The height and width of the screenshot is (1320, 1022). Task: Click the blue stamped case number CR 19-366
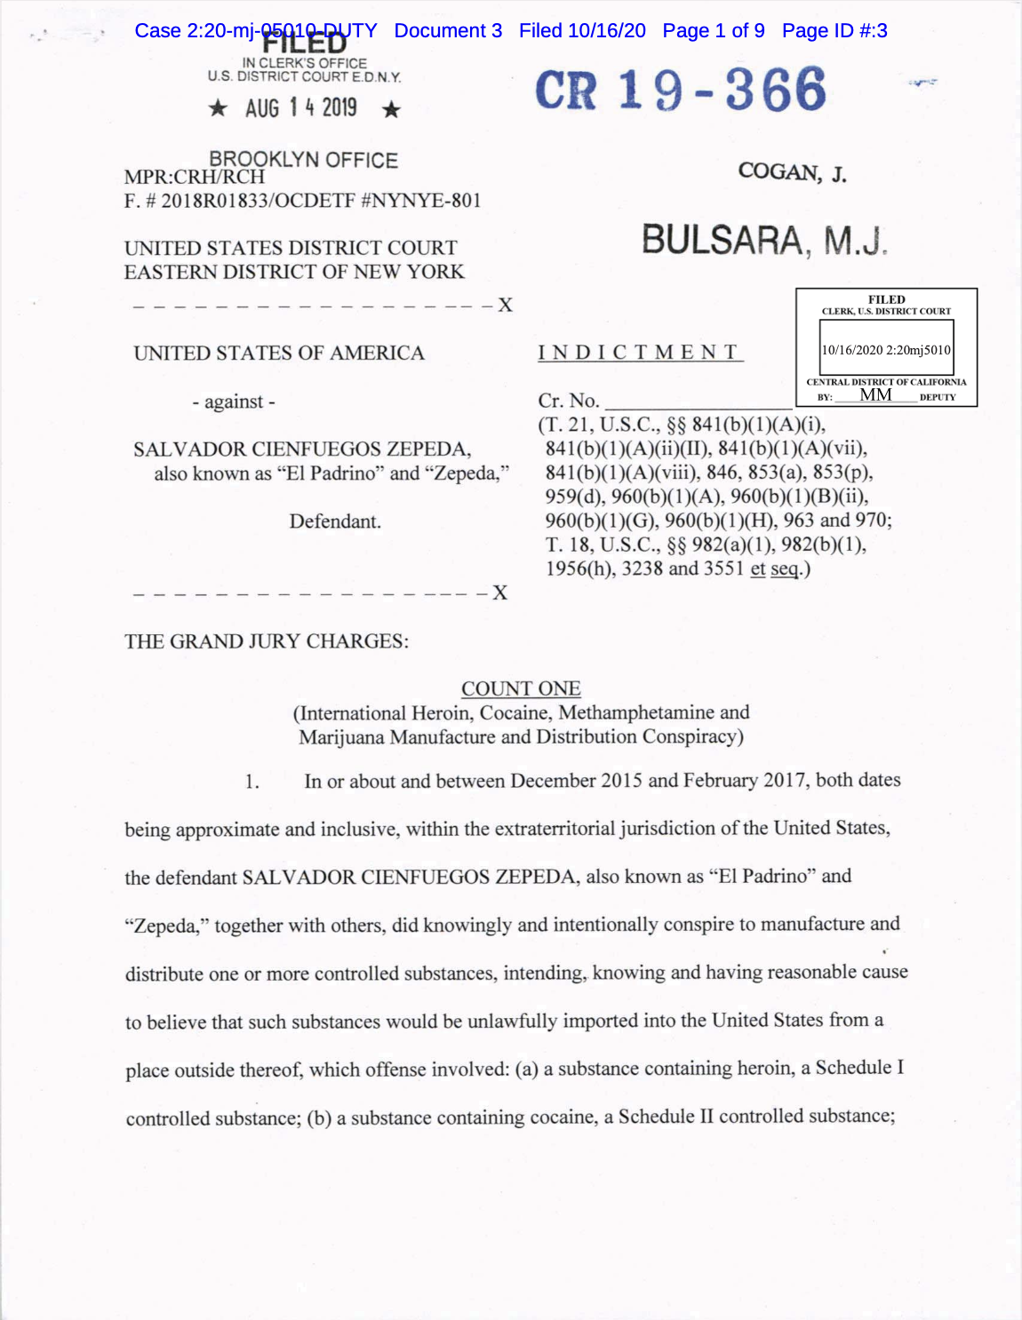[x=680, y=90]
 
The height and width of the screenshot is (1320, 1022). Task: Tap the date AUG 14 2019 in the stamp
[x=301, y=108]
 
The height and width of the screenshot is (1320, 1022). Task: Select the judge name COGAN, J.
[x=792, y=171]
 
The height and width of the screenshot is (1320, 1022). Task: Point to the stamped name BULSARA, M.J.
[x=763, y=241]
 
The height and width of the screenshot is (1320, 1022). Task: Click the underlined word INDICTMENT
[x=640, y=353]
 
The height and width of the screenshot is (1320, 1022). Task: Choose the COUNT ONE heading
[x=521, y=688]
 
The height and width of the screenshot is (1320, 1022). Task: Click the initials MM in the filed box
[x=875, y=394]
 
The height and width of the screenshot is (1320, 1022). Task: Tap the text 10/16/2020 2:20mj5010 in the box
[x=886, y=350]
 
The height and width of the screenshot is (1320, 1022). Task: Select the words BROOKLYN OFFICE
[x=303, y=160]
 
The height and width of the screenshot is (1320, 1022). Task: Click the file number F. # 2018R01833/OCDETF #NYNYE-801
[x=302, y=201]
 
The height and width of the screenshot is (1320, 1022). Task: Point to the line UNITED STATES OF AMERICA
[x=279, y=354]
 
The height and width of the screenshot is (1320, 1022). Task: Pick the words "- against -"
[x=234, y=402]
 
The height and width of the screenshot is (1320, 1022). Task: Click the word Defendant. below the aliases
[x=335, y=521]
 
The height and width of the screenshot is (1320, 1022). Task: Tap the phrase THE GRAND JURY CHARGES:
[x=267, y=641]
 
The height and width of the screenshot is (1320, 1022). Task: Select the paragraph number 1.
[x=252, y=782]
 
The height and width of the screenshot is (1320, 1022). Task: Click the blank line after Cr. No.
[x=697, y=402]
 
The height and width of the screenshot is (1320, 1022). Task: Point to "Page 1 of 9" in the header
[x=714, y=31]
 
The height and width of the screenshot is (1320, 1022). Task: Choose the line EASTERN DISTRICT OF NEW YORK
[x=294, y=272]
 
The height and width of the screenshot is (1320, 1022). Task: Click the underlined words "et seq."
[x=775, y=569]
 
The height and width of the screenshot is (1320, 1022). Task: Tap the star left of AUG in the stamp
[x=218, y=109]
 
